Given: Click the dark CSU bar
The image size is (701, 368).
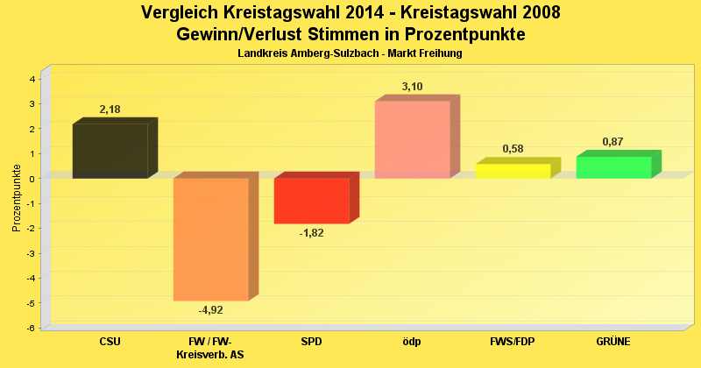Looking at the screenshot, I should [x=110, y=151].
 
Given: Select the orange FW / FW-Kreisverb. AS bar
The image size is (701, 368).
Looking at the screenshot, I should [x=210, y=239].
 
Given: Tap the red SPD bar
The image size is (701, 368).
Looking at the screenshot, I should [x=311, y=201].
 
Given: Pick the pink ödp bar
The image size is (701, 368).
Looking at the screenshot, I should [x=412, y=139].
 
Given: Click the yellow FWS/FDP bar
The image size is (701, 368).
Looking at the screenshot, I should [x=513, y=171].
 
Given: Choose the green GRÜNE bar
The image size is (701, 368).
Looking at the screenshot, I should [x=613, y=167].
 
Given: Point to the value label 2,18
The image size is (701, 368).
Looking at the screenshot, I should [x=110, y=110].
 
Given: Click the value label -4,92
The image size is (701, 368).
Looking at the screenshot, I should [x=210, y=309].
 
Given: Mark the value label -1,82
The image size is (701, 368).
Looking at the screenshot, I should [x=312, y=233].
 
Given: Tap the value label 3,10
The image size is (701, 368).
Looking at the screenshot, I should [x=413, y=87].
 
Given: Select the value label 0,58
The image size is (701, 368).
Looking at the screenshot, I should [x=513, y=149].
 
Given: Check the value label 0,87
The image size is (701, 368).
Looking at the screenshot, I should [x=613, y=142].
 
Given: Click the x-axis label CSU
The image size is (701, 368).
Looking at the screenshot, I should [x=110, y=341].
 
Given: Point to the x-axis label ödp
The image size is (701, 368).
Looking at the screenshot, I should [x=412, y=341].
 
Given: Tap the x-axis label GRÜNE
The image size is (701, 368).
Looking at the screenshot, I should [x=613, y=341].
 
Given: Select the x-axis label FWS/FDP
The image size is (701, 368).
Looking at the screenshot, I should [x=513, y=341].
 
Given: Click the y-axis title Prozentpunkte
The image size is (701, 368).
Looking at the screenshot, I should [x=17, y=198].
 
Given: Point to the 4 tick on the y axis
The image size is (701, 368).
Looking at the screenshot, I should [x=32, y=79].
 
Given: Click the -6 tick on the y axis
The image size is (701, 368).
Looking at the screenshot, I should [x=31, y=329].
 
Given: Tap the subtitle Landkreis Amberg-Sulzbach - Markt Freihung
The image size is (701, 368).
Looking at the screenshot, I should [x=350, y=53].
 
